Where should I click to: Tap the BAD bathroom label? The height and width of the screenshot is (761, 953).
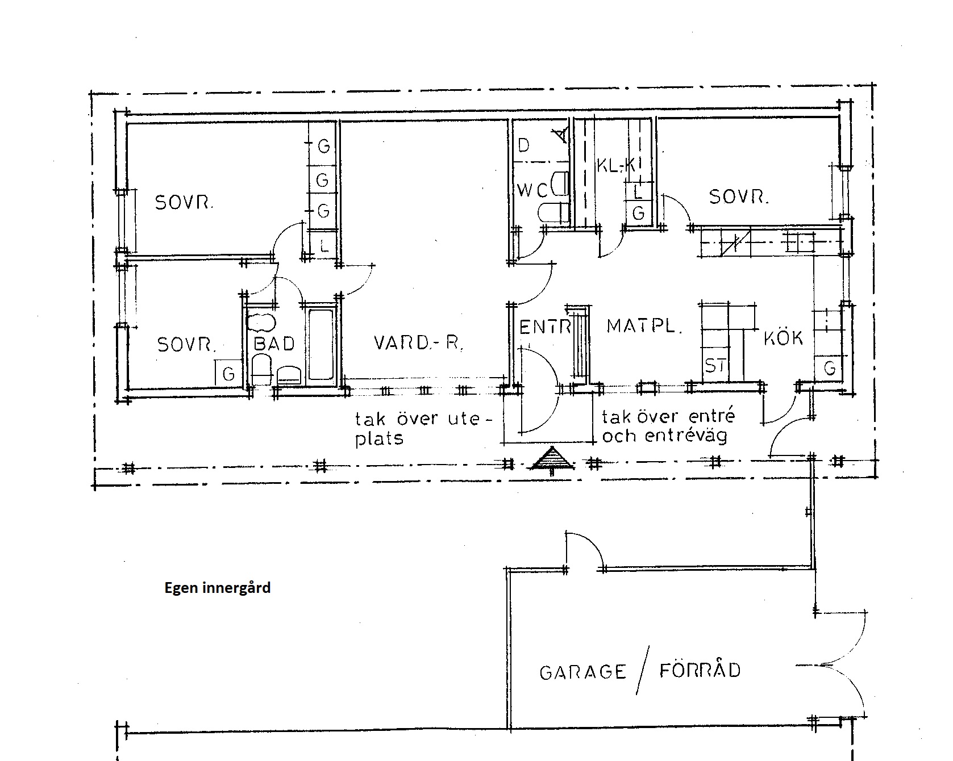pyautogui.click(x=274, y=344)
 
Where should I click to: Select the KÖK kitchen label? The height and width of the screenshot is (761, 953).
pyautogui.click(x=784, y=338)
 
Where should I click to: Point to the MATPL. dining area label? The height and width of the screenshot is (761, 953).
pyautogui.click(x=644, y=326)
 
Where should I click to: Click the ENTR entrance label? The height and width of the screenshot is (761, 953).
pyautogui.click(x=545, y=327)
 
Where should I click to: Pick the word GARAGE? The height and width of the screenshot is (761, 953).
pyautogui.click(x=582, y=673)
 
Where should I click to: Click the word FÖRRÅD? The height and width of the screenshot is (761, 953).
pyautogui.click(x=700, y=670)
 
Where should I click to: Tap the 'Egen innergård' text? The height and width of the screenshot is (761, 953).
pyautogui.click(x=218, y=588)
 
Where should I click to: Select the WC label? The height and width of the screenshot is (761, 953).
pyautogui.click(x=532, y=190)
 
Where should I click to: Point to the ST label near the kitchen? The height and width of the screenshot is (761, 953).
pyautogui.click(x=715, y=365)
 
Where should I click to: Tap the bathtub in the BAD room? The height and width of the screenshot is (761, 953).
pyautogui.click(x=321, y=344)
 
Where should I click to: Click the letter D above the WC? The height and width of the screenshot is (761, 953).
pyautogui.click(x=524, y=145)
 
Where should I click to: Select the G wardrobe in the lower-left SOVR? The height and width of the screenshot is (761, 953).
pyautogui.click(x=228, y=373)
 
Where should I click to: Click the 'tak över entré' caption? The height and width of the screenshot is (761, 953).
pyautogui.click(x=668, y=417)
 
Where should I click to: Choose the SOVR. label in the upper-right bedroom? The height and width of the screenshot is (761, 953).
pyautogui.click(x=739, y=197)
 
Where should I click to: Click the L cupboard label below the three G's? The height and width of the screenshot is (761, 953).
pyautogui.click(x=324, y=246)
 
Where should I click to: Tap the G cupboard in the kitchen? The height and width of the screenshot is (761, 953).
pyautogui.click(x=830, y=369)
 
